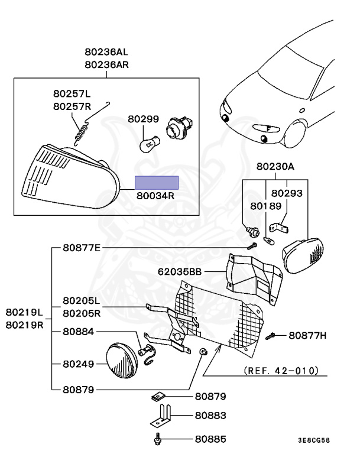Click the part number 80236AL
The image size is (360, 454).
click(x=106, y=52)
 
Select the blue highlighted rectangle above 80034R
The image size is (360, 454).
click(x=156, y=183)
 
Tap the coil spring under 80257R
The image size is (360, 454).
click(x=82, y=131)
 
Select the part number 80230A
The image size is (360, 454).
click(x=275, y=167)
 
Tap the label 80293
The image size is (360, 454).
click(x=287, y=193)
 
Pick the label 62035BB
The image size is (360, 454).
click(x=180, y=273)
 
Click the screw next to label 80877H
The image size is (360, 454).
click(x=271, y=336)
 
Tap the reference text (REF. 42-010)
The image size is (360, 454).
click(x=281, y=371)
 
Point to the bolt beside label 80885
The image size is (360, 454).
click(x=157, y=439)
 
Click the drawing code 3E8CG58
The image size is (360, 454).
click(x=313, y=440)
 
